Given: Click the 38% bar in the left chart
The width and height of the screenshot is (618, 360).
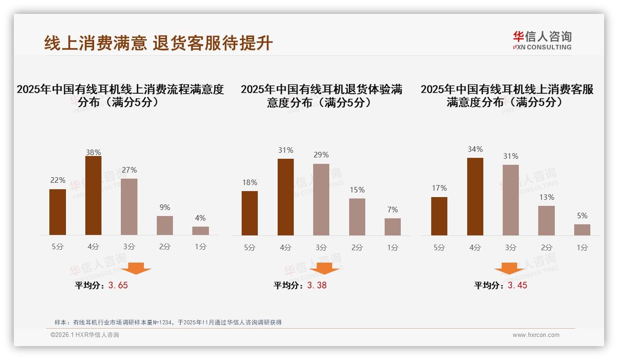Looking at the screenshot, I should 93,196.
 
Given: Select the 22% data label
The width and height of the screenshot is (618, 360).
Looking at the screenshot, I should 58,180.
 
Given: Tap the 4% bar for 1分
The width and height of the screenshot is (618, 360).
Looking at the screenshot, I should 201,231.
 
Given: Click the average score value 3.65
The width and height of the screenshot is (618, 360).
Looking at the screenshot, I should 118,285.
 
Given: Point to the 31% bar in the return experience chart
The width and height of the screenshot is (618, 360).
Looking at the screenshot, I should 285,197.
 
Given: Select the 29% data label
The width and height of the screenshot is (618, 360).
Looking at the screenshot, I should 321,155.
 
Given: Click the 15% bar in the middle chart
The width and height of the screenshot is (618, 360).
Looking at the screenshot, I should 357,217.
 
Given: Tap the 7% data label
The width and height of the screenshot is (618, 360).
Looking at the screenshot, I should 392,210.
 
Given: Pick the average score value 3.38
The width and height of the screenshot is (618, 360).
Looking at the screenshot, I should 317,285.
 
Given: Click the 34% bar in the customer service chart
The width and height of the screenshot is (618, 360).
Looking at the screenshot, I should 475,197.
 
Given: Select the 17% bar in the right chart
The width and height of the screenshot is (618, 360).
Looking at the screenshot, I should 439,216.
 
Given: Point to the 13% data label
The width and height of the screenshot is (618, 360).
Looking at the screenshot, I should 547,197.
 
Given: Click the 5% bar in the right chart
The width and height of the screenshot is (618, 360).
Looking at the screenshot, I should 582,230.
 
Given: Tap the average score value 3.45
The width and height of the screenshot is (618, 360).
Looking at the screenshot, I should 517,285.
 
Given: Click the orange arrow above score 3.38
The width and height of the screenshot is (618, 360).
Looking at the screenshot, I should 324,268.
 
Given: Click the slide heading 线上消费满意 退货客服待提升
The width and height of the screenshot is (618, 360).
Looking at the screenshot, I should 159,43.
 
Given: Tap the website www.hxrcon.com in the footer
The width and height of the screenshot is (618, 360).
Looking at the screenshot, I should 536,335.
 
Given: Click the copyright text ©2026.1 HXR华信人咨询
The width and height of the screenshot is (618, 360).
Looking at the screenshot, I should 85,335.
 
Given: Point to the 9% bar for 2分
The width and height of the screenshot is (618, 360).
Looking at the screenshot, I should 165,226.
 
